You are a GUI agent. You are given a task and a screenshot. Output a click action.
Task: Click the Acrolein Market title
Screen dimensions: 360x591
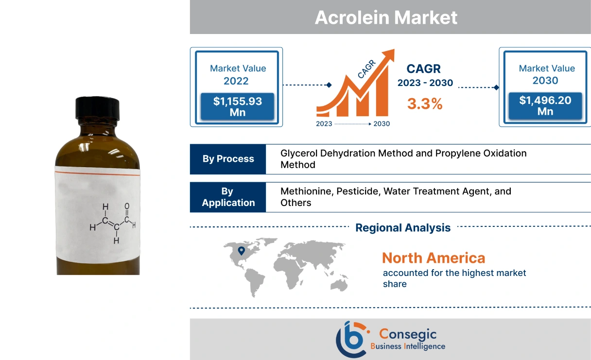coord(386,17)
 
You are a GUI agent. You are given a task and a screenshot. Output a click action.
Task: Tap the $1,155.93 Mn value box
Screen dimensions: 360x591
coord(238,107)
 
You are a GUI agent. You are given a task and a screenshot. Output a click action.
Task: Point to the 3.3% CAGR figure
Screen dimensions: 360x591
coord(425,103)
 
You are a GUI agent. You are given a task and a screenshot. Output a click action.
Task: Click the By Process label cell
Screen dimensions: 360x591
coord(228,159)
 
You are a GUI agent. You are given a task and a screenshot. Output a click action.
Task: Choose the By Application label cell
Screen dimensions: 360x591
coord(228,197)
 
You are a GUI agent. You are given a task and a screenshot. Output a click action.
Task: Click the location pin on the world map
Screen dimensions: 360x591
coord(242,251)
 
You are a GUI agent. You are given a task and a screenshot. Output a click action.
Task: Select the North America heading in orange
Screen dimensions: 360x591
coord(433,257)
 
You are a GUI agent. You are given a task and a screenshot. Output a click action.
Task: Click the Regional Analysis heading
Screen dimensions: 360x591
coord(403,227)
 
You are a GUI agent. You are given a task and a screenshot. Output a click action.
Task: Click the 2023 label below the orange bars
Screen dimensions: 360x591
coord(324,124)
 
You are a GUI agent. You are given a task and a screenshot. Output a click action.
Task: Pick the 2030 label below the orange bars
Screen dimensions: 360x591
coord(382,124)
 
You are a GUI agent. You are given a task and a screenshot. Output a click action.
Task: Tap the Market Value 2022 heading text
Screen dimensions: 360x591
coord(238,74)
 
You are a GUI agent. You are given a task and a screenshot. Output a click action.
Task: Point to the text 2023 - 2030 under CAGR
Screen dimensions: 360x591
coord(425,83)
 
